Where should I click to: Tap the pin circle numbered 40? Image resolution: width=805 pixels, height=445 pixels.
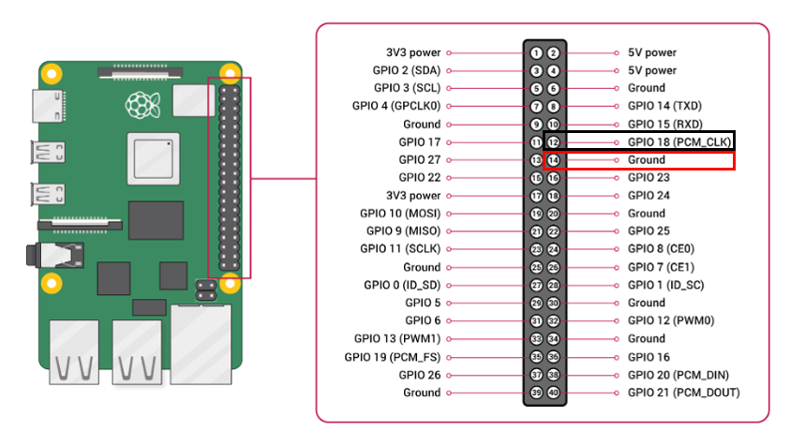[x=554, y=393]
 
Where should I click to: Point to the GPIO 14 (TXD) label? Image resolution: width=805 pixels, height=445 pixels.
[x=664, y=106]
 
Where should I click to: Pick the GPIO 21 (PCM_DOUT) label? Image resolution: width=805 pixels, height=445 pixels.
[x=683, y=393]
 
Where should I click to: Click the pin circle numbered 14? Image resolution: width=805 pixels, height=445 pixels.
[x=554, y=160]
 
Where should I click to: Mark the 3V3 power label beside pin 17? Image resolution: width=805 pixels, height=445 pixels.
[x=413, y=196]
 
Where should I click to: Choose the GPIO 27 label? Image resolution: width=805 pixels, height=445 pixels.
[x=419, y=160]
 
